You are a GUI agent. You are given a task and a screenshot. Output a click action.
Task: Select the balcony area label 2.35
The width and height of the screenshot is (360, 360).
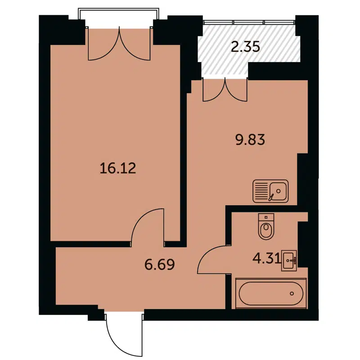[245, 46]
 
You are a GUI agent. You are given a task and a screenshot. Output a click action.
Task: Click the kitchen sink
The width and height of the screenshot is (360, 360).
[270, 191]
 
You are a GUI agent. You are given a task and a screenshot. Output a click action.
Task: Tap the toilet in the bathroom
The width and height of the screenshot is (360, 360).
[266, 227]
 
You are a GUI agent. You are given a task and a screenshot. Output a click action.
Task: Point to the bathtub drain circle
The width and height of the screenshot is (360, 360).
[292, 293]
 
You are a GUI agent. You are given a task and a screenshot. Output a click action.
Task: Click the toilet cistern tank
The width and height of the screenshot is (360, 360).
[266, 217]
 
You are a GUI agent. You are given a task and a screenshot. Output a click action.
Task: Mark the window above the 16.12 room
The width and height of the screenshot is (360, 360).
[119, 16]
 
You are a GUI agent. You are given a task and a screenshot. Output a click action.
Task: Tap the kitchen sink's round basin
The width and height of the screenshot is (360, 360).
[279, 190]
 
